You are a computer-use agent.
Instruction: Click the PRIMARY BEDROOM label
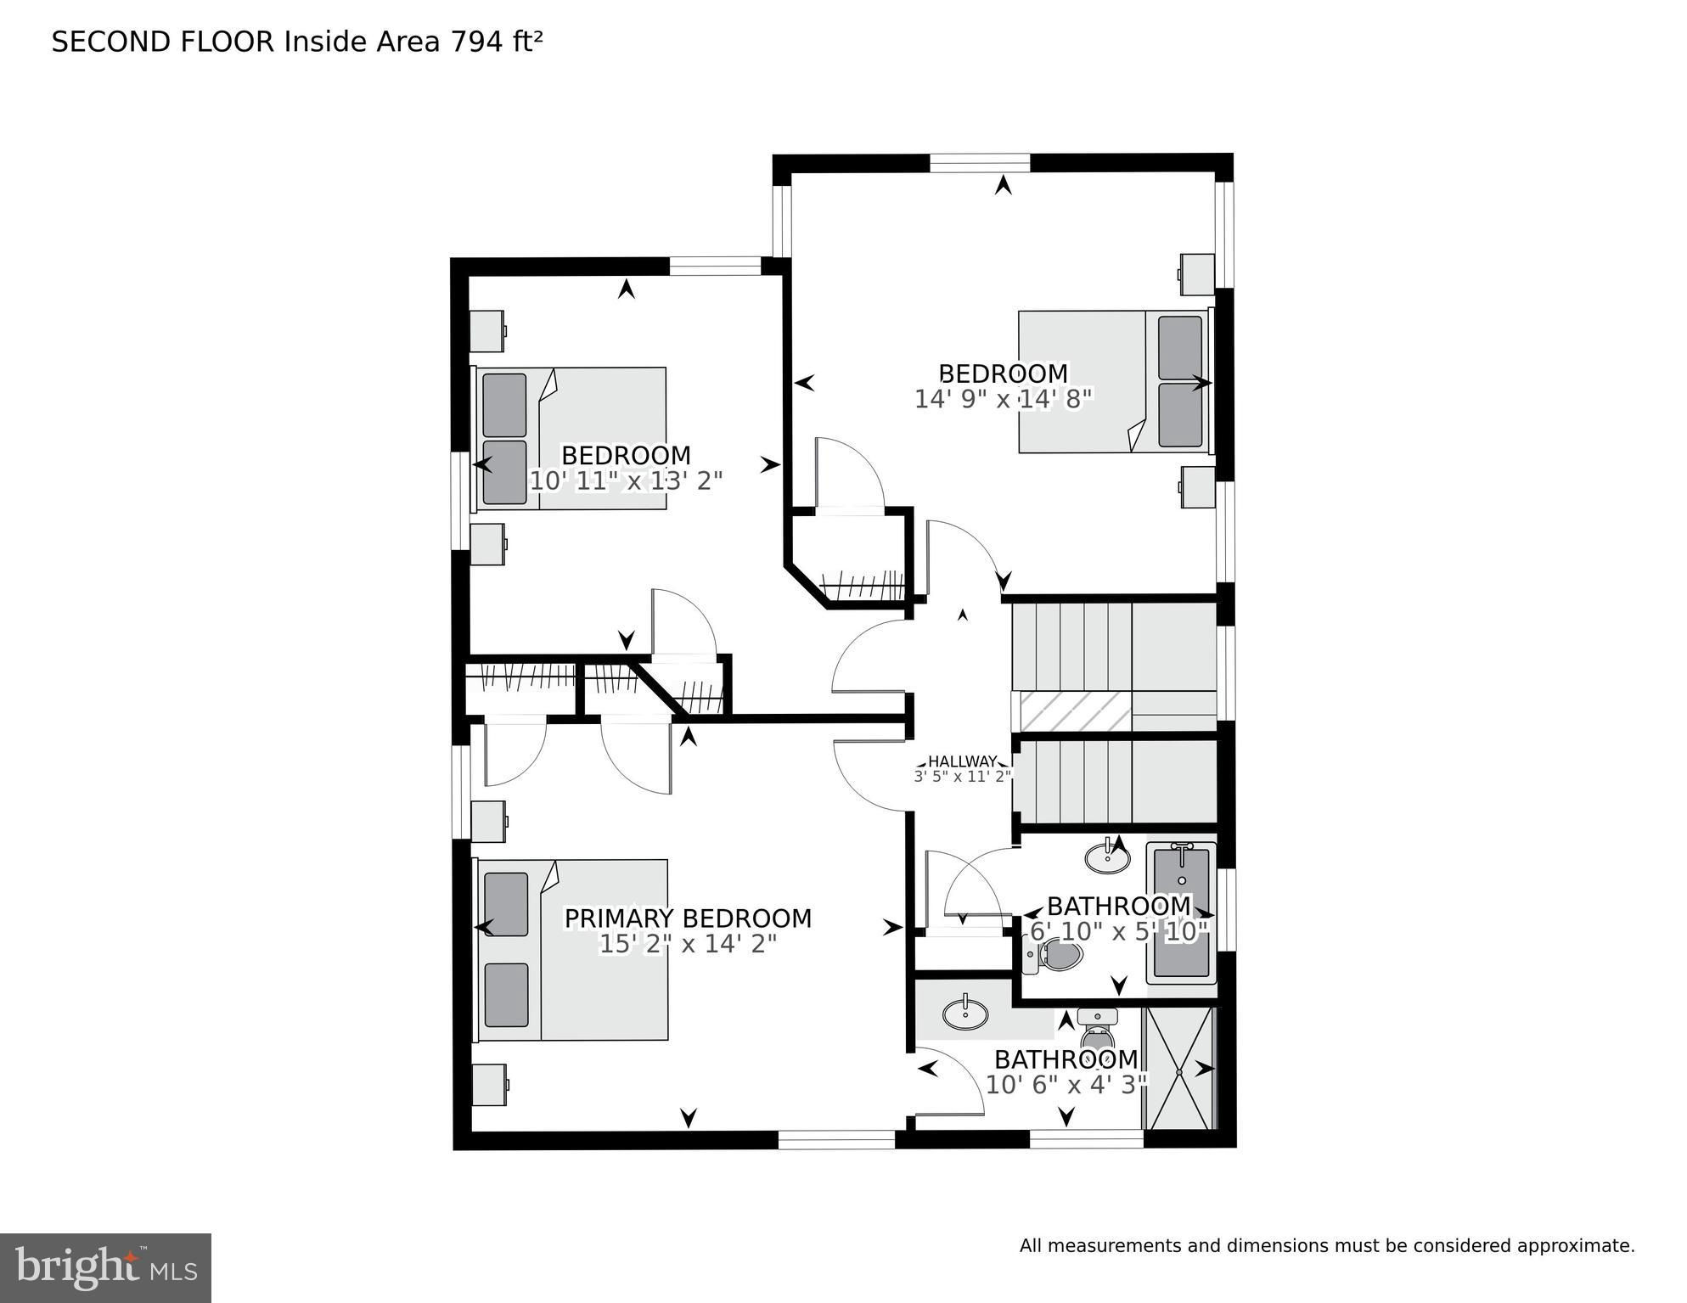coord(688,918)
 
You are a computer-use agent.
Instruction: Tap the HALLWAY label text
coord(962,761)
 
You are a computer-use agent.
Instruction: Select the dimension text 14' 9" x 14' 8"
coord(1003,399)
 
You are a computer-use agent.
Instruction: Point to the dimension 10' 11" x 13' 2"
coord(626,480)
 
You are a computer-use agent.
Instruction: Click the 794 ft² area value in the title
coord(497,42)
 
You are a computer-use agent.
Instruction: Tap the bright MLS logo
coord(106,1268)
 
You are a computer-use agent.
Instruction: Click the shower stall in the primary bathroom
coord(1180,1069)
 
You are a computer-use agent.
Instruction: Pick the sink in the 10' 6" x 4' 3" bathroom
coord(965,1013)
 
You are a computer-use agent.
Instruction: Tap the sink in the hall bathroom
coord(1108,857)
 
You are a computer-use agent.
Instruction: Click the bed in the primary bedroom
coord(571,949)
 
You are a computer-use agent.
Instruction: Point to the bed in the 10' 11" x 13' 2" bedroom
coord(570,438)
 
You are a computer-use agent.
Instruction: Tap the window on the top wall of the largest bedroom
coord(980,163)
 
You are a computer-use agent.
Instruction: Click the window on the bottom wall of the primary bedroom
coord(836,1140)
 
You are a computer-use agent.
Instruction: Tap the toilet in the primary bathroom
coord(1098,1030)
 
